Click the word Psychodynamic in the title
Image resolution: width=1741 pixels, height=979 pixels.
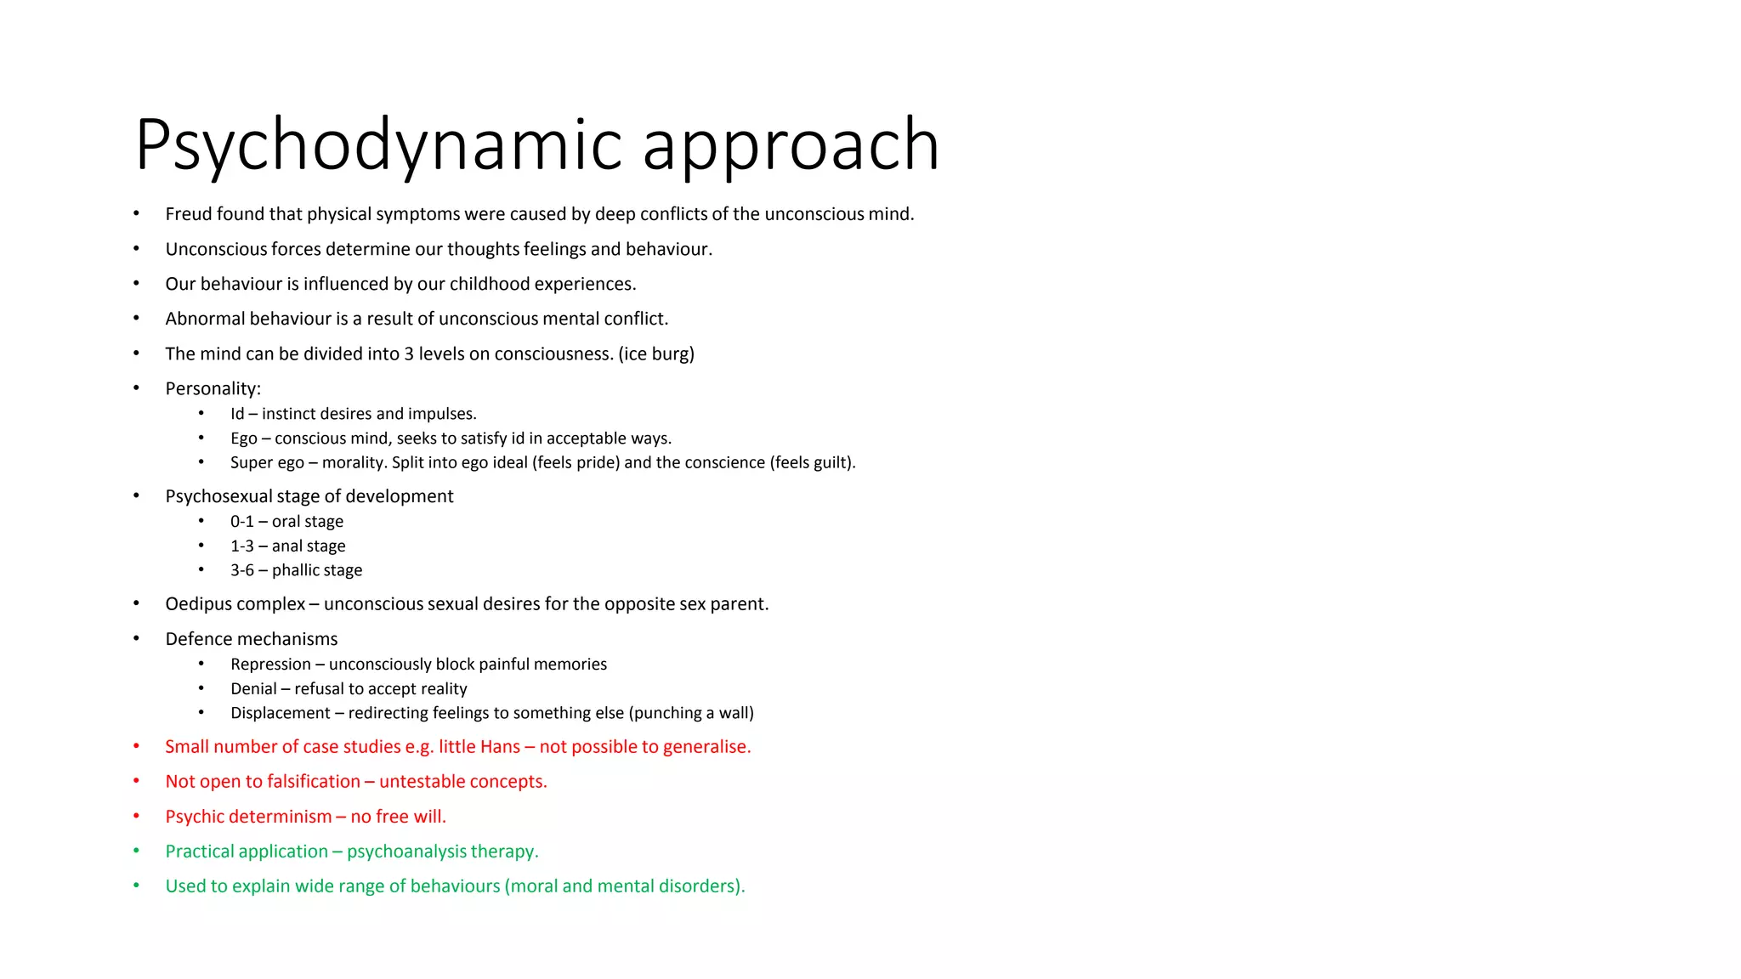378,146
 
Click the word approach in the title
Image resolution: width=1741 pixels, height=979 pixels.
791,146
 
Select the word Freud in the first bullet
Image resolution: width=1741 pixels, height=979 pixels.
189,214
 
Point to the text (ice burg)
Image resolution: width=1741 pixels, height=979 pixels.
656,354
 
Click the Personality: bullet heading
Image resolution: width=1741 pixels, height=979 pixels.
213,389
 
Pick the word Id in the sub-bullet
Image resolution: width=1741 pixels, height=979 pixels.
237,414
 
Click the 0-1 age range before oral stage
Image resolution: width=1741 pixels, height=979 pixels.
241,522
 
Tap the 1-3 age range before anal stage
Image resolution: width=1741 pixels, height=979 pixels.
241,546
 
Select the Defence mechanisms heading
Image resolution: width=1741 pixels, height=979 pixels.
251,639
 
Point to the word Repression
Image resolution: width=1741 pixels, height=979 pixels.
270,665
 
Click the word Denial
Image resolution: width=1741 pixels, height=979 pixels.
253,689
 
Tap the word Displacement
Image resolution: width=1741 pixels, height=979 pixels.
280,713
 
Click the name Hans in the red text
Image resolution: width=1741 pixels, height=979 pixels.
500,747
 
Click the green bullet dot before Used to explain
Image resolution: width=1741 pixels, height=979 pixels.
136,886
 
